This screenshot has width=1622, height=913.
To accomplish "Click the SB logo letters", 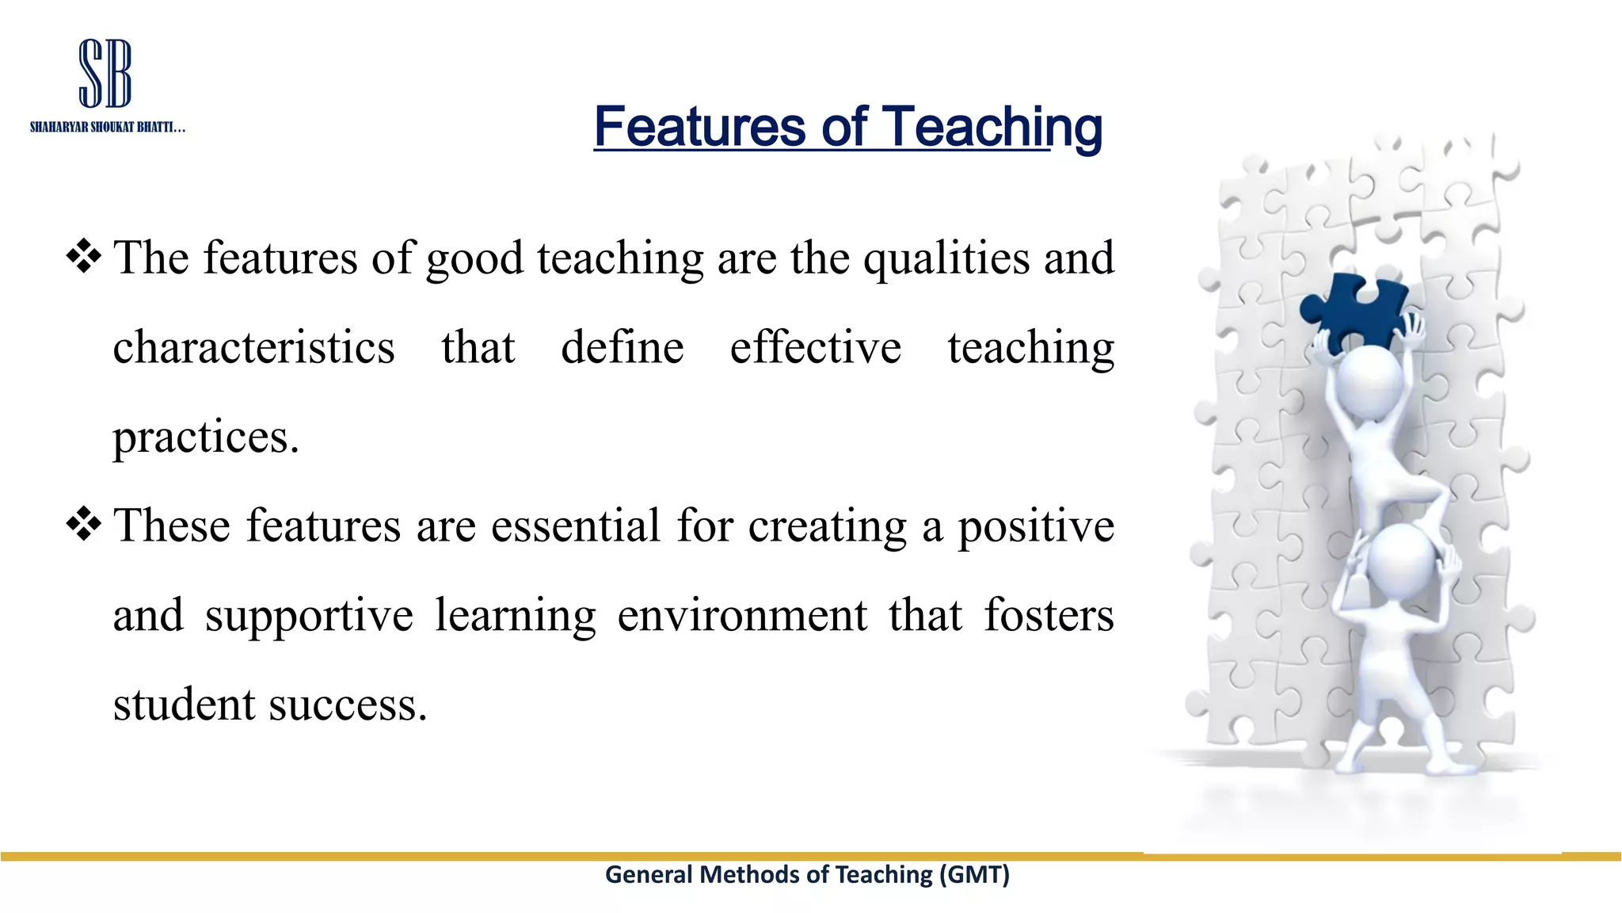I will (x=105, y=74).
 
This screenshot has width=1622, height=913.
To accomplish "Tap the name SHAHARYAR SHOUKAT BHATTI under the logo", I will (x=107, y=128).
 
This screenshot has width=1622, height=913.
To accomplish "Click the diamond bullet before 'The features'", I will (x=84, y=257).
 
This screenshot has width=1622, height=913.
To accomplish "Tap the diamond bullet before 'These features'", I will (x=84, y=524).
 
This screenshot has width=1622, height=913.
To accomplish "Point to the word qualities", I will (x=946, y=258).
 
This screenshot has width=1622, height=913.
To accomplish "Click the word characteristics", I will (x=253, y=348).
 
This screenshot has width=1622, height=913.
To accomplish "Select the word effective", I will (x=815, y=348).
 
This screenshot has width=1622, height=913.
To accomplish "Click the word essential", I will (x=575, y=525).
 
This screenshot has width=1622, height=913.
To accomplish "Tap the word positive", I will (x=1035, y=527).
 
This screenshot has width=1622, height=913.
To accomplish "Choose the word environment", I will (x=742, y=616).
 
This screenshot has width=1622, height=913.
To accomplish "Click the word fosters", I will (x=1049, y=616).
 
